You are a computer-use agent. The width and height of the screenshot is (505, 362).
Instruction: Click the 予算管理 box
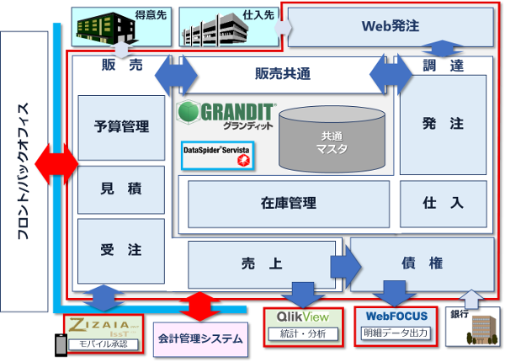[x=121, y=127]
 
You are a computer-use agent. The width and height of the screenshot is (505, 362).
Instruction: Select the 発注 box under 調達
[x=443, y=125]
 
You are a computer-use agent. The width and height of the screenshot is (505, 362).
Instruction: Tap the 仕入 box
[x=443, y=203]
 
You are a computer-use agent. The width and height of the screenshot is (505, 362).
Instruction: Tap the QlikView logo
[x=303, y=317]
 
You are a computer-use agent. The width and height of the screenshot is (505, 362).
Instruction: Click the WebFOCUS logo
[x=396, y=317]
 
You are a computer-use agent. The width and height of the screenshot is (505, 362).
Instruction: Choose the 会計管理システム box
[x=200, y=339]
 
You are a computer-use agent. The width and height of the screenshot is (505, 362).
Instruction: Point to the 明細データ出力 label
[x=395, y=334]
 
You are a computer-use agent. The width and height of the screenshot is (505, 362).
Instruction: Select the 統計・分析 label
[x=303, y=334]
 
